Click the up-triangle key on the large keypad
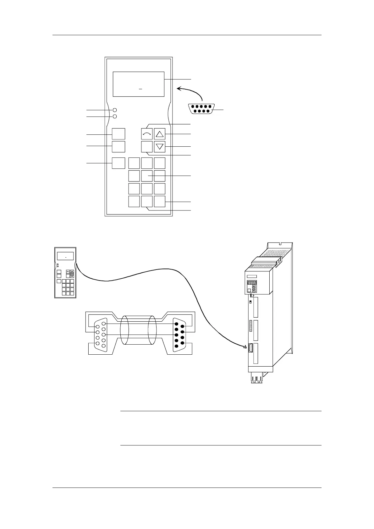click(x=160, y=134)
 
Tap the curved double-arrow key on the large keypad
click(x=147, y=134)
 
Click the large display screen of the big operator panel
click(x=138, y=84)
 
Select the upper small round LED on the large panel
click(x=115, y=110)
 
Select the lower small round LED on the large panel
click(x=115, y=117)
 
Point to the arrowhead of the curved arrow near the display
click(x=179, y=89)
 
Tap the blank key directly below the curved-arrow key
click(x=147, y=147)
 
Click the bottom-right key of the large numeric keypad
click(x=160, y=201)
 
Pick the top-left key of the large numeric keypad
click(x=134, y=163)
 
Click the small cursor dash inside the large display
click(x=140, y=90)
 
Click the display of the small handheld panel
click(x=65, y=256)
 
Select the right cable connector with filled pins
click(x=179, y=333)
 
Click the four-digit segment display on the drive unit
click(x=251, y=282)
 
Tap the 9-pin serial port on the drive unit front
click(x=251, y=348)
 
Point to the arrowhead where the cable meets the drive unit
click(x=246, y=346)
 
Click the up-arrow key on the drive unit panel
click(x=254, y=287)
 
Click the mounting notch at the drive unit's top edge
click(x=280, y=243)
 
